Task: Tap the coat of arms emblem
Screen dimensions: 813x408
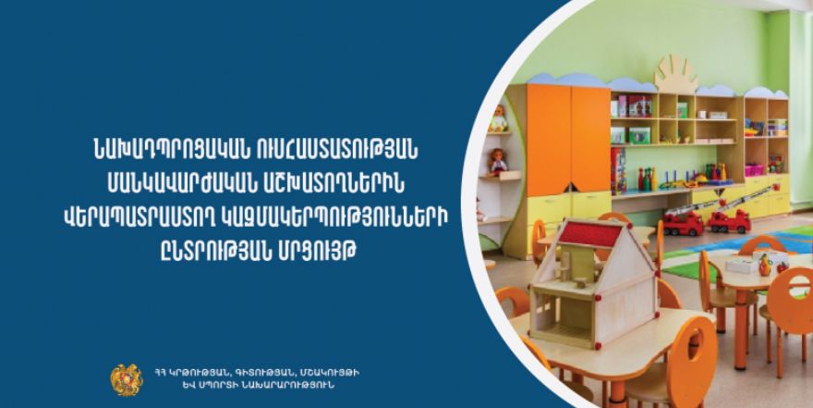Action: (x=126, y=380)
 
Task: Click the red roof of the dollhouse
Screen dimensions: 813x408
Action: (x=590, y=233)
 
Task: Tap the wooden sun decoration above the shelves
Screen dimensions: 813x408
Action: (x=675, y=74)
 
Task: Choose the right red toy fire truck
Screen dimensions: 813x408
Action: (x=729, y=220)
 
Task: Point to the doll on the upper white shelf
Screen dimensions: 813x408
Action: (x=498, y=118)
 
